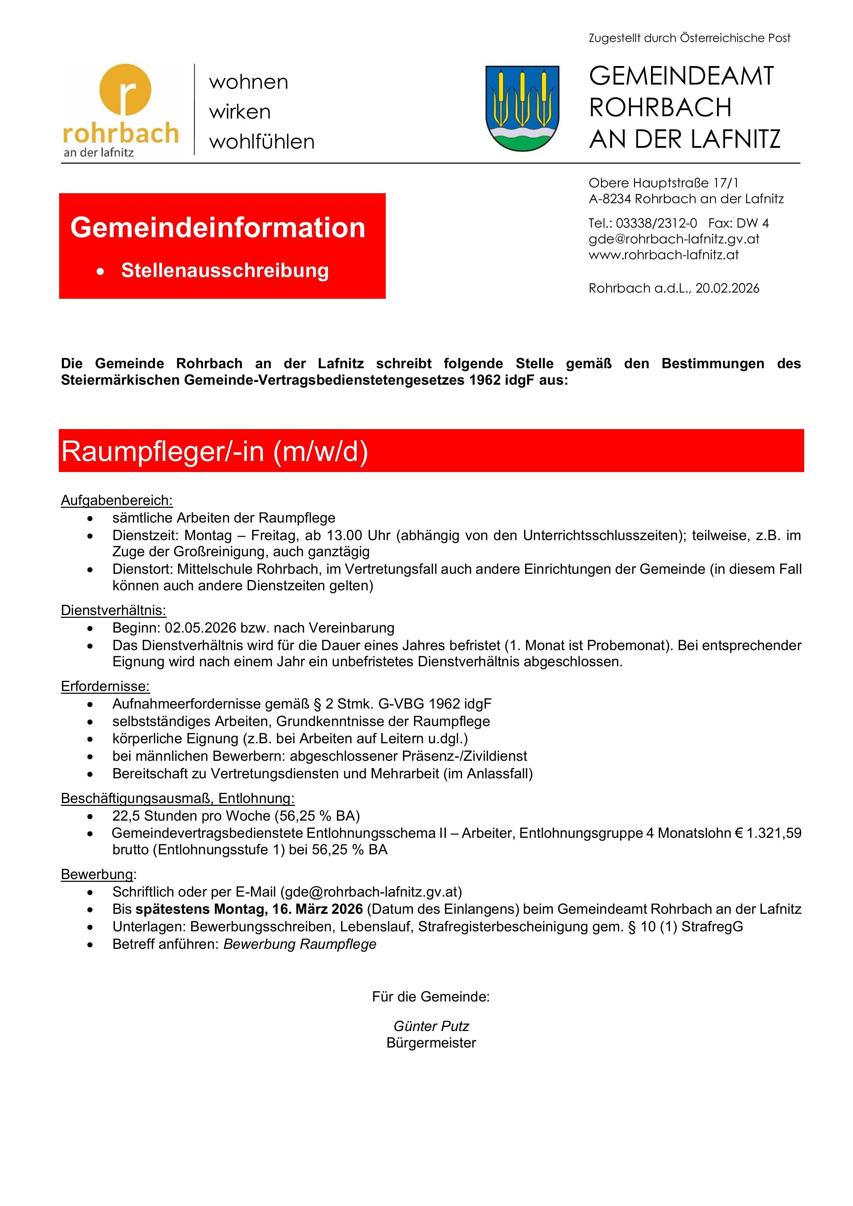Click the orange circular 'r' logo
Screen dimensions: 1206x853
125,89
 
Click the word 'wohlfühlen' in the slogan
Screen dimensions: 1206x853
262,142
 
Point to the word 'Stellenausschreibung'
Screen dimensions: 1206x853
225,271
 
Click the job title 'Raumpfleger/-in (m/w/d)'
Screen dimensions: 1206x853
214,451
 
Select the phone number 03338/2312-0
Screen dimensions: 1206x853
657,223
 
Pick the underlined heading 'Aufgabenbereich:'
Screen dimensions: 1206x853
117,500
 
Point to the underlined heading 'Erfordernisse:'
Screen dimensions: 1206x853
105,687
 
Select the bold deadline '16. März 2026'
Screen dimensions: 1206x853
317,909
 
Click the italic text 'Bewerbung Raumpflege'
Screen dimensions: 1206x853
300,944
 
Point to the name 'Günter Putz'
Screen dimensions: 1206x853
431,1026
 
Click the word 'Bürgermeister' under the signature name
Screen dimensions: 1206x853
431,1043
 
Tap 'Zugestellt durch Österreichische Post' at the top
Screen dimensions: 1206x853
689,38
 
